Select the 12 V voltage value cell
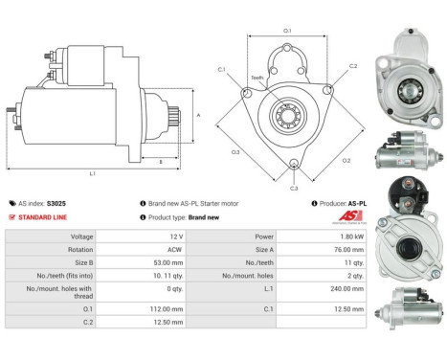pos(175,236)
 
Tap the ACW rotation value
pos(175,248)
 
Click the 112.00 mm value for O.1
pos(169,310)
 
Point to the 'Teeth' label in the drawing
pos(257,78)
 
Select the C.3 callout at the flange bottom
pos(294,188)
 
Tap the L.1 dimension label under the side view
pos(92,173)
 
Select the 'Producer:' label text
pos(336,203)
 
